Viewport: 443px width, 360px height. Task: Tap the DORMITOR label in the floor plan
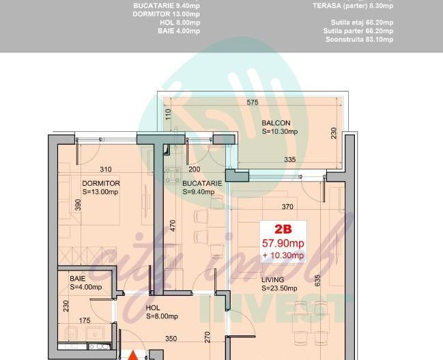point(101,184)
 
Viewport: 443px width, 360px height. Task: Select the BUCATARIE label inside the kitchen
point(202,184)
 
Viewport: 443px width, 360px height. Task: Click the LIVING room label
point(273,279)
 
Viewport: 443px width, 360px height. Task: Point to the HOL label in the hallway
point(153,307)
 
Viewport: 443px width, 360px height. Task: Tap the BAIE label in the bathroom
point(78,279)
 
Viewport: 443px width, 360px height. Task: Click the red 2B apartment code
point(283,230)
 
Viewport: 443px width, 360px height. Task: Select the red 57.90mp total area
point(283,243)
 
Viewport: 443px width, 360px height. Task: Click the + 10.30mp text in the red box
point(283,255)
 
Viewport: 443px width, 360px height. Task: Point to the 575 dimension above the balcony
point(253,102)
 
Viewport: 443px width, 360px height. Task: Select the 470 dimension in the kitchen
point(173,226)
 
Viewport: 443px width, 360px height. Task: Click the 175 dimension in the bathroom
point(85,320)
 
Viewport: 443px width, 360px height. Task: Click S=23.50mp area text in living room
point(279,288)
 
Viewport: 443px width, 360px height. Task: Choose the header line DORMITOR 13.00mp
point(166,14)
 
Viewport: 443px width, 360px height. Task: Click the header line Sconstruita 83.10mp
point(359,40)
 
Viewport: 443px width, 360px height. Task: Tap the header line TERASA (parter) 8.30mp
point(353,5)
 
